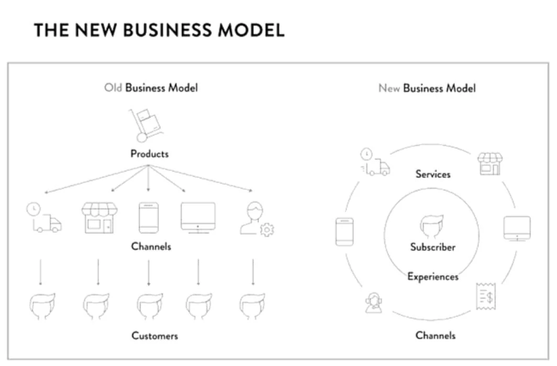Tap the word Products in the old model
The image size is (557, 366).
click(150, 154)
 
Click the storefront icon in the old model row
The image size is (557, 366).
click(99, 218)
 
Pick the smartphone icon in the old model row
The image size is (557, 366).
click(149, 218)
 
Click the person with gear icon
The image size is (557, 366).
click(257, 220)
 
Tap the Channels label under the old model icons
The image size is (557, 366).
click(151, 246)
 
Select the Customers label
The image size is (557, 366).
click(154, 336)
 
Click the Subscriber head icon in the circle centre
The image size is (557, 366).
click(432, 226)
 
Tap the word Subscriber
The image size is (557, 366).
click(432, 247)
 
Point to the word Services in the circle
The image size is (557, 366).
click(432, 174)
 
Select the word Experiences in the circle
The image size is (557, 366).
click(433, 276)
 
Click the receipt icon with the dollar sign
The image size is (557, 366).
click(484, 297)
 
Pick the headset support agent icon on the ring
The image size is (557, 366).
click(374, 303)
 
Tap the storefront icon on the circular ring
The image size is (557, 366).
click(490, 164)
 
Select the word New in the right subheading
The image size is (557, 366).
click(389, 88)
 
